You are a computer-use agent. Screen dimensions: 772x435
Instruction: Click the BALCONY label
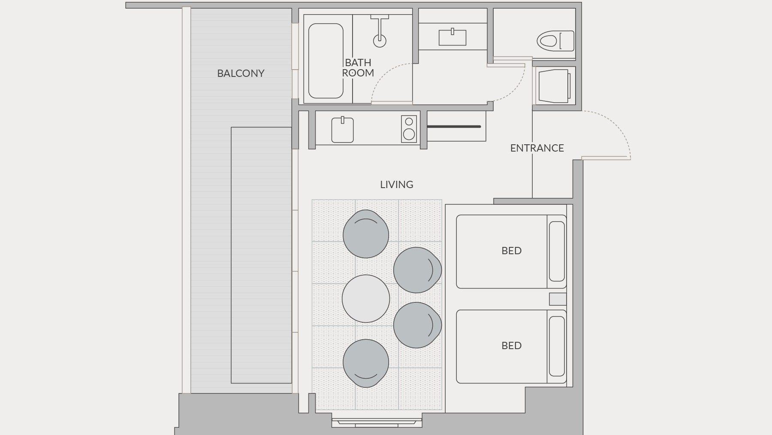click(241, 73)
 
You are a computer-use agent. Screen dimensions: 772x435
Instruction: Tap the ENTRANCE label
click(537, 148)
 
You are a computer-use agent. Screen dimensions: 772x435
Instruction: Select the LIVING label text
click(397, 185)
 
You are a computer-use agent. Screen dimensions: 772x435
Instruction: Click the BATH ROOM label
click(358, 68)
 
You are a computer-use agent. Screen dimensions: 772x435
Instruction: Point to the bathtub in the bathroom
click(326, 61)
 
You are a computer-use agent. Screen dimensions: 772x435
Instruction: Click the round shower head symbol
click(380, 41)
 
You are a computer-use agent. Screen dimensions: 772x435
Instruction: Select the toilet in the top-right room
click(555, 41)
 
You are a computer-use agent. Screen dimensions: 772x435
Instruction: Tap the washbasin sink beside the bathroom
click(452, 37)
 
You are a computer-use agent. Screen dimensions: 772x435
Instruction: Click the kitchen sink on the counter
click(342, 130)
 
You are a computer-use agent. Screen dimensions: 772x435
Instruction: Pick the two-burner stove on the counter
click(409, 128)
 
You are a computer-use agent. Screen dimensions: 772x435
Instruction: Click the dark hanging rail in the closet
click(454, 127)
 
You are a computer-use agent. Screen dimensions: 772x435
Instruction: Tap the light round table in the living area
click(366, 298)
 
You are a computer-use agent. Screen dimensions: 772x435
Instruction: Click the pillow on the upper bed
click(557, 251)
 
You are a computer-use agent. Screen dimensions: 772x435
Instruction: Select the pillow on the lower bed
click(557, 346)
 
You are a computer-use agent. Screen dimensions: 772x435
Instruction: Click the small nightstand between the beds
click(558, 299)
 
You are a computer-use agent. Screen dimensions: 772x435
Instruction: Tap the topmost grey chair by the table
click(366, 234)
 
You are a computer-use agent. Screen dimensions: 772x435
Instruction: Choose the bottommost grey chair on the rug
click(366, 363)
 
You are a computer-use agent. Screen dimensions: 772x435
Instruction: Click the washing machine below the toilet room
click(554, 86)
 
